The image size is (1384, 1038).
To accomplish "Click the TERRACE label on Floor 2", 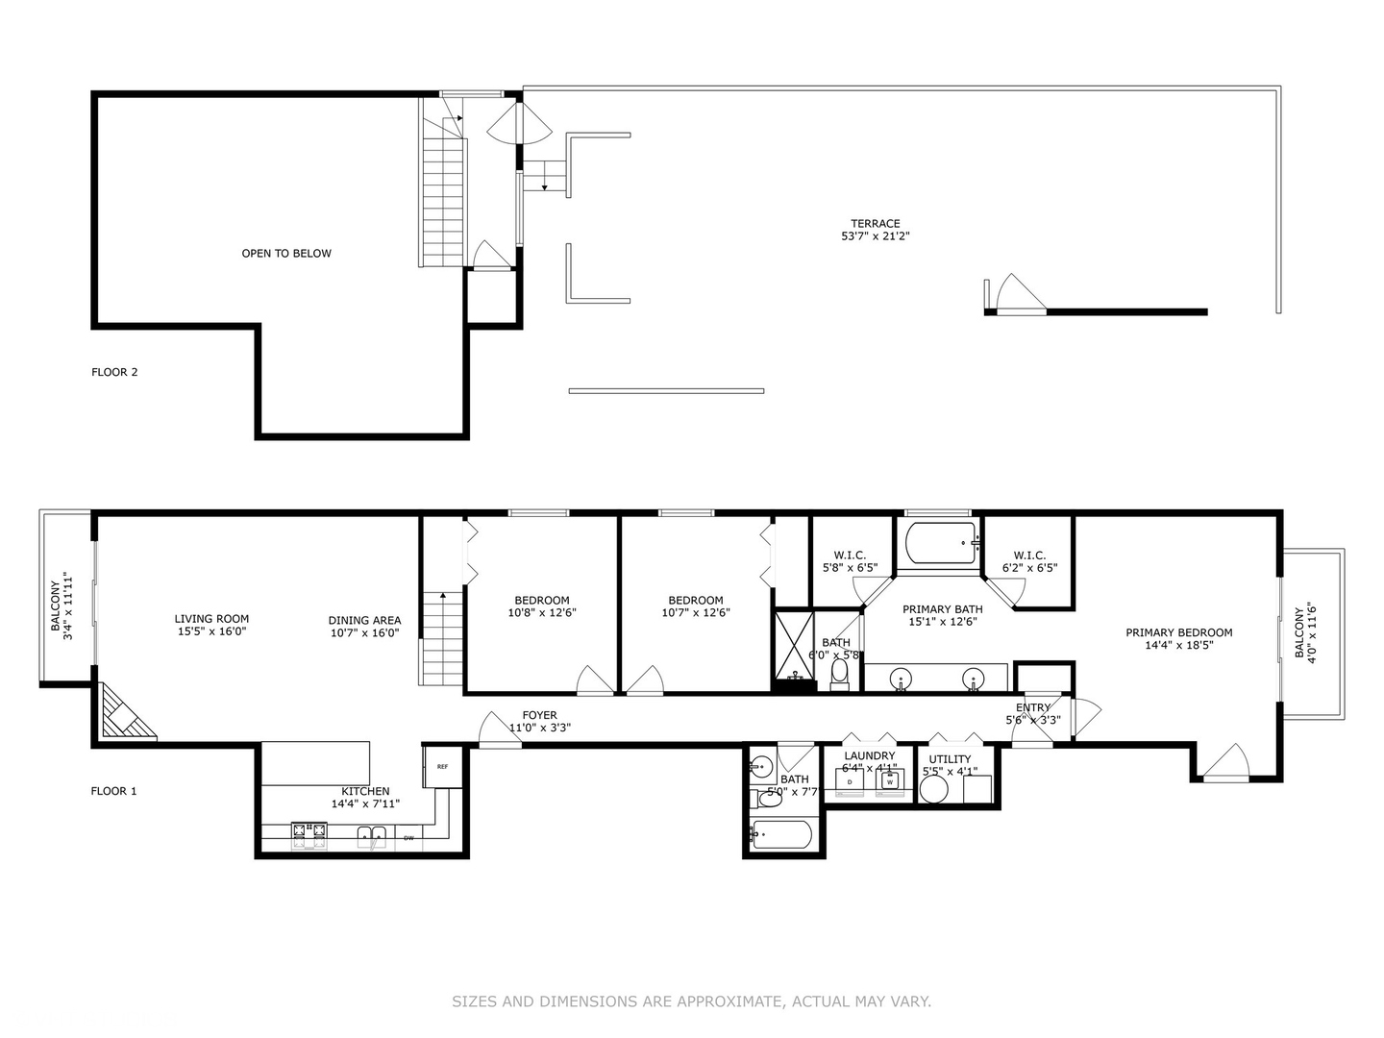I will click(875, 223).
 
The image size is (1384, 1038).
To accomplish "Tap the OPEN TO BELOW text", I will click(286, 254).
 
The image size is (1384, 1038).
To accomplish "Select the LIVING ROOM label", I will click(211, 619).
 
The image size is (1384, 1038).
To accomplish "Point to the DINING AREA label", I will click(364, 620).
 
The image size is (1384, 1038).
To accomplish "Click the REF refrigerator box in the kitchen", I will click(442, 767).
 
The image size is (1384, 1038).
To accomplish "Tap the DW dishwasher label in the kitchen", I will click(408, 838).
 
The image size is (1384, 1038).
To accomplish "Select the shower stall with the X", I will click(794, 643).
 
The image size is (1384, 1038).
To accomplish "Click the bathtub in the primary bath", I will click(940, 544).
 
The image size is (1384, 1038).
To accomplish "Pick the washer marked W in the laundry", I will click(890, 781).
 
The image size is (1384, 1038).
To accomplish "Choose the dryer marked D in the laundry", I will click(850, 781).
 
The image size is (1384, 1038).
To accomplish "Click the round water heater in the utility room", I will click(933, 789).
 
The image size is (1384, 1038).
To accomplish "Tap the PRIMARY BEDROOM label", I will click(1178, 632).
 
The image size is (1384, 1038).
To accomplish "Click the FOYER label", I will click(539, 715).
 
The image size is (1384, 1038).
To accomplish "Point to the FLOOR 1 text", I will click(113, 791).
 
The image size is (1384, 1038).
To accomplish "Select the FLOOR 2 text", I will click(114, 372).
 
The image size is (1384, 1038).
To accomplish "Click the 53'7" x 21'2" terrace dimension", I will click(875, 236).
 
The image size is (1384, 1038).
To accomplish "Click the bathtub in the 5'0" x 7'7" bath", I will click(782, 834).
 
